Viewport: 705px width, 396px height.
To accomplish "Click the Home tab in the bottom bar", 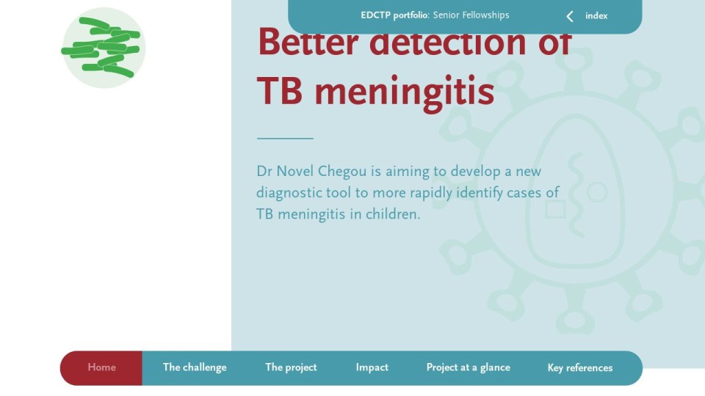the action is [101, 367].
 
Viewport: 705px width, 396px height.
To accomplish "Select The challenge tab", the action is [195, 367].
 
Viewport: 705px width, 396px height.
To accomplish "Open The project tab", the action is [291, 367].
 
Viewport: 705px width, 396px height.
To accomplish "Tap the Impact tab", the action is [372, 367].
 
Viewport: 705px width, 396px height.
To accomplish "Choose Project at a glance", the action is [468, 367].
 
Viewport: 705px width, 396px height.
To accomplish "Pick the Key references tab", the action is [580, 367].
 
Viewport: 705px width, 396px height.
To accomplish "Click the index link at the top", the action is [596, 15].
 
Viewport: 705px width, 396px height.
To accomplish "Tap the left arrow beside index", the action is [570, 16].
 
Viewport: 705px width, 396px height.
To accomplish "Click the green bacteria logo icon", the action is [104, 48].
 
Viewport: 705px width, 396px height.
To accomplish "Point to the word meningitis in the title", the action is [404, 92].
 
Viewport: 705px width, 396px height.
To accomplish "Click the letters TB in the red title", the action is [279, 91].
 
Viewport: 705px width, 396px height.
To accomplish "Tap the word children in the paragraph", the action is [392, 214].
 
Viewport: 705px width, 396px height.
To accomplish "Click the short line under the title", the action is [285, 139].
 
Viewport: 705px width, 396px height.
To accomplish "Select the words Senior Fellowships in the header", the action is [471, 15].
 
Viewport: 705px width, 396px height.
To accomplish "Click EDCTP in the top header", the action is [376, 15].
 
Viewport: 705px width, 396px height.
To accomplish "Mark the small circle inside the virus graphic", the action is [597, 192].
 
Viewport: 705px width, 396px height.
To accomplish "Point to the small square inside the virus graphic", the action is [555, 209].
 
